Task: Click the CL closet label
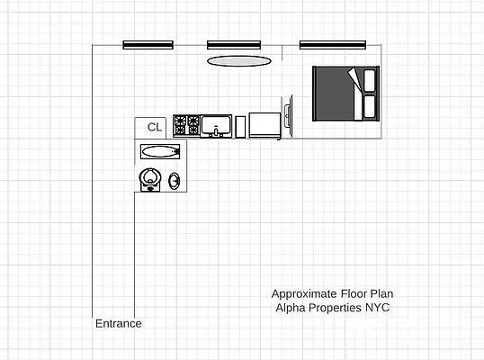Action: [x=155, y=128]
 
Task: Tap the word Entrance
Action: [x=118, y=323]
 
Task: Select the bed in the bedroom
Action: [x=346, y=94]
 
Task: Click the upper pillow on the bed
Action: [x=370, y=81]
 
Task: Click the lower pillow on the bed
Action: [x=370, y=107]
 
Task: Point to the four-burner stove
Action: [x=186, y=125]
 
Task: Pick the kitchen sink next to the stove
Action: [x=216, y=125]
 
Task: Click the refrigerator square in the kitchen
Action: [x=264, y=125]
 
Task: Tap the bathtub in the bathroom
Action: [x=160, y=151]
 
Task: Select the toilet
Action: [x=150, y=181]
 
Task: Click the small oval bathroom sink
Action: [x=175, y=181]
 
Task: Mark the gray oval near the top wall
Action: [x=238, y=60]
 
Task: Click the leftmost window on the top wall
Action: [x=148, y=44]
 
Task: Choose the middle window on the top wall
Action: [x=234, y=44]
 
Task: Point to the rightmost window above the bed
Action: [x=337, y=44]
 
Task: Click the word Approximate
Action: [x=305, y=293]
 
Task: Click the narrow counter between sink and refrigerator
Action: [x=240, y=126]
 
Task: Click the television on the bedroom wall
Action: [x=287, y=116]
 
